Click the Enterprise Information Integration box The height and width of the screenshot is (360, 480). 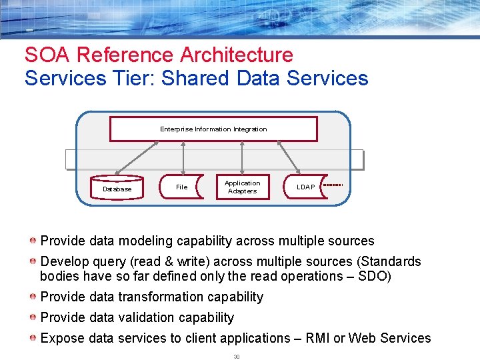213,129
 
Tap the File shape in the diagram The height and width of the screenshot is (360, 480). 181,187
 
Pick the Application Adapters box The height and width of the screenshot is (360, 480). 242,187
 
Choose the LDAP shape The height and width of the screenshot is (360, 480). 305,187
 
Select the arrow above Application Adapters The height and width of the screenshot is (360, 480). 242,158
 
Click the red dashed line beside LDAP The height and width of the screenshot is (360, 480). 333,185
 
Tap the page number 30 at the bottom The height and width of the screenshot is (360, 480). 236,357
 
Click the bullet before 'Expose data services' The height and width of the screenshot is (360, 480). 33,338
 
